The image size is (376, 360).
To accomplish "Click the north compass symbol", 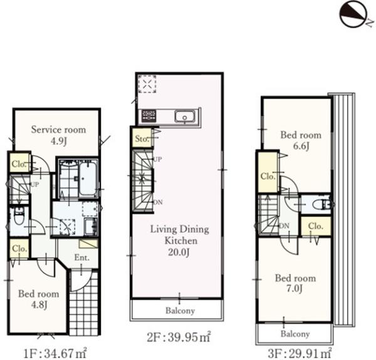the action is [353, 14].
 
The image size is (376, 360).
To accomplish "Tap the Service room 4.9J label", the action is [58, 135].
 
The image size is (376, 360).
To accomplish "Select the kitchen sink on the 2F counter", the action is [185, 116].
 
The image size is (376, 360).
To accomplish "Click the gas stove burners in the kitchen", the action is [149, 116].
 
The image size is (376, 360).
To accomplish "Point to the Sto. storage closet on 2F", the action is [142, 138].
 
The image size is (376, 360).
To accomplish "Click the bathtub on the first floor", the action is [88, 178].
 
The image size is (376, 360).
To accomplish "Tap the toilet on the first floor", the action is [19, 216].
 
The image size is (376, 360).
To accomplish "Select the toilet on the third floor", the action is [322, 204].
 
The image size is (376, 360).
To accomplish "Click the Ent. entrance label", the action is [81, 258].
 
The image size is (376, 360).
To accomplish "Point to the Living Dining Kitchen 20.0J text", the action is [180, 240].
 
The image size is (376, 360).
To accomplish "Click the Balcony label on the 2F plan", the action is [180, 311].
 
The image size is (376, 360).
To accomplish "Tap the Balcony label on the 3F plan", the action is [295, 334].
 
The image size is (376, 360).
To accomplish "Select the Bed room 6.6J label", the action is [301, 140].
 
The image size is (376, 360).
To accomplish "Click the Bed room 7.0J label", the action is [295, 283].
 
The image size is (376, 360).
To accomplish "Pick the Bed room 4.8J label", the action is [39, 299].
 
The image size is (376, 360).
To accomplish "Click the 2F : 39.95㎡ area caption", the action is [179, 337].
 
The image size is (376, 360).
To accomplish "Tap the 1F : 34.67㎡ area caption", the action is [55, 353].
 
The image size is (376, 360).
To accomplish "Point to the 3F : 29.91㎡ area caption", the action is [300, 353].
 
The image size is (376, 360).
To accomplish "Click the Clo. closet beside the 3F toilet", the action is [316, 226].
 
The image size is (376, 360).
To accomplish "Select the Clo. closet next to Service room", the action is [19, 163].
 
